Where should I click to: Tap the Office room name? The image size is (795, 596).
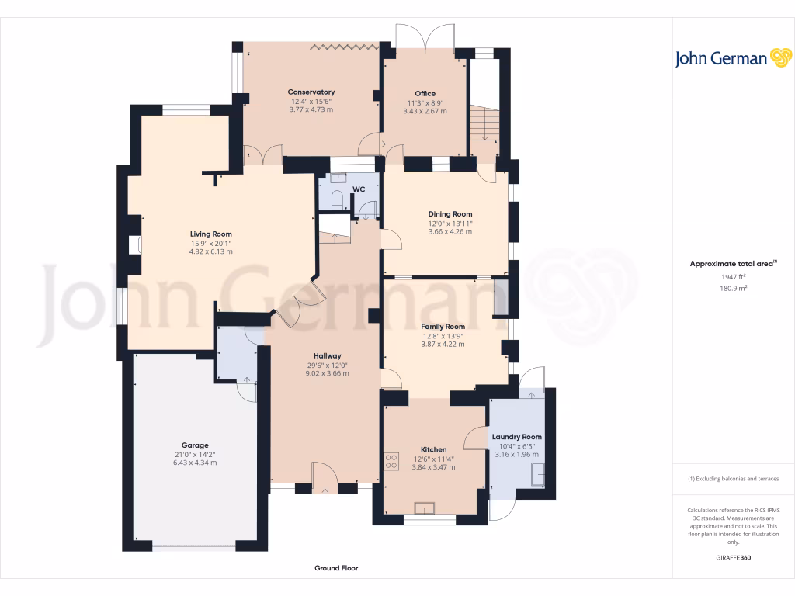[425, 93]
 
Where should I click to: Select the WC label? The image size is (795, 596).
[358, 189]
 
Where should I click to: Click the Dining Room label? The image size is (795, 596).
[450, 214]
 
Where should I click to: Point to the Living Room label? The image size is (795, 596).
[211, 234]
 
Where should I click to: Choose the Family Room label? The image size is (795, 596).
[443, 327]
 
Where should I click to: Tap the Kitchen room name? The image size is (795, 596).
[433, 449]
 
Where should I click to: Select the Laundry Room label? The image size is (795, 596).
[516, 437]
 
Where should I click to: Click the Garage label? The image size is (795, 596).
[195, 445]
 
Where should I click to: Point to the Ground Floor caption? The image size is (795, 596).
[336, 568]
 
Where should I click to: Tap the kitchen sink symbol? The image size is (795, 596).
[425, 508]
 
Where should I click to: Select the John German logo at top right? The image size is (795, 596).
[732, 58]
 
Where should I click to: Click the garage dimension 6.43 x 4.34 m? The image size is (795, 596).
[195, 463]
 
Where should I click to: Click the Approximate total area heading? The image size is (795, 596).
[732, 264]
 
